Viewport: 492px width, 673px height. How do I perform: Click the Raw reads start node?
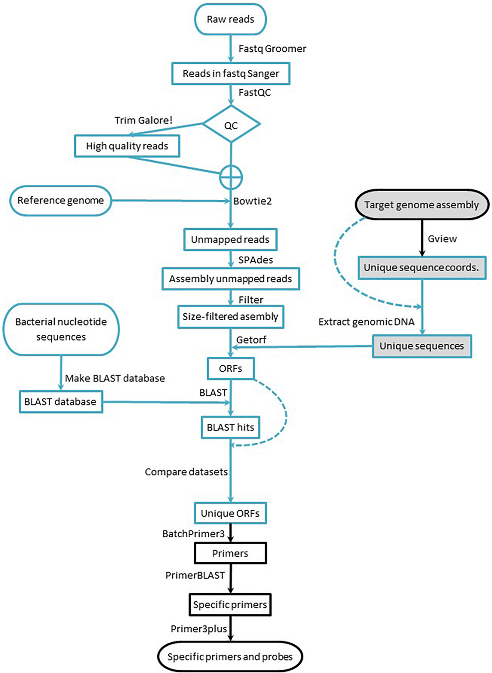(x=230, y=19)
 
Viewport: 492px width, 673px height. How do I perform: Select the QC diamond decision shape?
(x=231, y=125)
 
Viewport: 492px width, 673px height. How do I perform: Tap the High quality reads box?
(x=127, y=146)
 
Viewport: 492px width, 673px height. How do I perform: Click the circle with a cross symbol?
(x=231, y=177)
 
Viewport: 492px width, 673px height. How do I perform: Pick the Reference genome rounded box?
(x=61, y=200)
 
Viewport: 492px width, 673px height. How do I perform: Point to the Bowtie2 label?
(x=252, y=201)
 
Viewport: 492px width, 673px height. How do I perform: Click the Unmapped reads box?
(x=230, y=239)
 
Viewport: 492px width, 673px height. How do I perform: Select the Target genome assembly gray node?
(x=421, y=205)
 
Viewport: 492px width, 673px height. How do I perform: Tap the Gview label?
(x=442, y=239)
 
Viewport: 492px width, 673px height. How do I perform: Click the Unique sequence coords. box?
(x=421, y=267)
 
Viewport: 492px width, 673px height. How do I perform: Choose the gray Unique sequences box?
(x=421, y=346)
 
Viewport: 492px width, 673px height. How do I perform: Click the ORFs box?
(x=231, y=369)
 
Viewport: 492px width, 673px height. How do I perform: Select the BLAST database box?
(x=61, y=402)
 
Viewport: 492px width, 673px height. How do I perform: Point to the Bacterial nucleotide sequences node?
(x=61, y=329)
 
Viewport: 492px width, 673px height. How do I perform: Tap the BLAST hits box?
(x=231, y=427)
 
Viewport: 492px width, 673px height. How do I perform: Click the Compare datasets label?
(x=186, y=472)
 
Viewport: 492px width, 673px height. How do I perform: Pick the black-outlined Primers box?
(x=230, y=553)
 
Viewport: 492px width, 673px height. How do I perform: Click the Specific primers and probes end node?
(x=230, y=657)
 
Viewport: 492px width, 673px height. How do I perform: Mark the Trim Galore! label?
(x=143, y=120)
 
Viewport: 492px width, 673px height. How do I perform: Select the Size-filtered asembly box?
(x=231, y=316)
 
